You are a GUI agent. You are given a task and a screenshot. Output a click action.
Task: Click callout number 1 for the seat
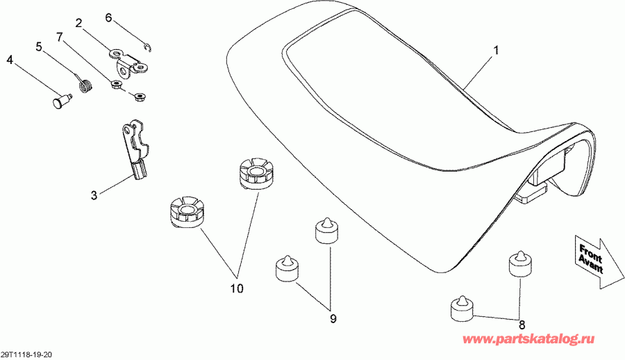[x=496, y=51]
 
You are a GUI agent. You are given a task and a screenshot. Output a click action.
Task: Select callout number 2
[x=78, y=23]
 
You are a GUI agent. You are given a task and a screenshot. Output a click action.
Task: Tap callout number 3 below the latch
[x=94, y=195]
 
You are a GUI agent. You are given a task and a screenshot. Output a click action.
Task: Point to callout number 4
[x=10, y=60]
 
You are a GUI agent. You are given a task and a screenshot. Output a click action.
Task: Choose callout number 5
[x=39, y=47]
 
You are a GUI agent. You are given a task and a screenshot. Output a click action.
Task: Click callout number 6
[x=108, y=17]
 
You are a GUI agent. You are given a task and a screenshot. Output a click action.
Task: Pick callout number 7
[x=60, y=37]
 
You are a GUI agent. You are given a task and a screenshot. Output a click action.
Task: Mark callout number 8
[x=522, y=323]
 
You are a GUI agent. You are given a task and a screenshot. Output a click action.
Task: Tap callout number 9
[x=333, y=318]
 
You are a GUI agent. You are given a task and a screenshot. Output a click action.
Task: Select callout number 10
[x=237, y=288]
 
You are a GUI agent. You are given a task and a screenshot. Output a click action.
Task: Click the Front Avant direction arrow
[x=598, y=261]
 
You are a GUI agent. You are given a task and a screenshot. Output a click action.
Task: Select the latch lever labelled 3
[x=135, y=149]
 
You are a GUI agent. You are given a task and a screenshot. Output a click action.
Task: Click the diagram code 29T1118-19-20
[x=27, y=354]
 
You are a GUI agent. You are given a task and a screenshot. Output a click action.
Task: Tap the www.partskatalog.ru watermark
[x=528, y=339]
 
